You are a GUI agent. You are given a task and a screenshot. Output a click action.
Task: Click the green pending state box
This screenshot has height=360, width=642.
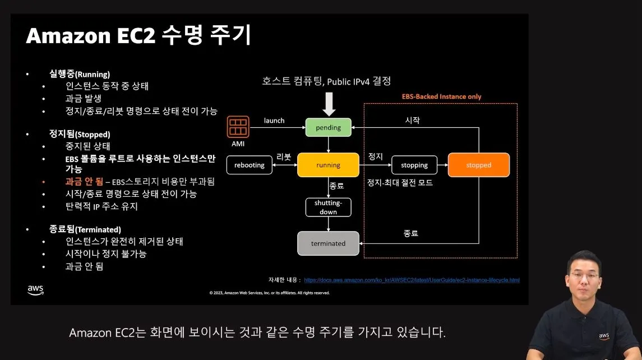click(328, 127)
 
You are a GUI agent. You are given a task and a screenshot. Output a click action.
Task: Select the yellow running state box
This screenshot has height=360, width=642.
click(328, 165)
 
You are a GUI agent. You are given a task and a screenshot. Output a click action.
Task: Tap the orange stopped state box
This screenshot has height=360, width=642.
click(478, 165)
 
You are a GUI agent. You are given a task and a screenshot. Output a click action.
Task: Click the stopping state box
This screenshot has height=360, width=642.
click(414, 165)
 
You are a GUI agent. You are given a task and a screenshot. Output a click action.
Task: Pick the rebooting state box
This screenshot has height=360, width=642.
click(249, 165)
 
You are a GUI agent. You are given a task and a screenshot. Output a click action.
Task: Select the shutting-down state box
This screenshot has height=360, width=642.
click(328, 207)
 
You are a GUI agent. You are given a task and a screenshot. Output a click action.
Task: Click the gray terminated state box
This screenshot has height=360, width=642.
click(328, 243)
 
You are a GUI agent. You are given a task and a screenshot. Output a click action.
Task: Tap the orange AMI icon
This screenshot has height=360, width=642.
click(238, 126)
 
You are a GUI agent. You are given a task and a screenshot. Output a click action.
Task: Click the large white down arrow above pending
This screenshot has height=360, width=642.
click(329, 104)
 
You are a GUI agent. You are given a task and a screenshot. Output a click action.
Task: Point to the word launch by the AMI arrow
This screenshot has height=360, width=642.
click(274, 121)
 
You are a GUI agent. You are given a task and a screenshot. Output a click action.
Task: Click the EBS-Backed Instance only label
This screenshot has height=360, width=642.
click(441, 96)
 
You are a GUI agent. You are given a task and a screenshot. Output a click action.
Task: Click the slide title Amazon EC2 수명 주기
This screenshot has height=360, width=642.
click(138, 36)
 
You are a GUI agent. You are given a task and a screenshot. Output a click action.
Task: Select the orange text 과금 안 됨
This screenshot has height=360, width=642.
click(84, 182)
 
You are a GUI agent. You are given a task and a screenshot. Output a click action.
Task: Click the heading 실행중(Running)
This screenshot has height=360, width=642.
click(79, 74)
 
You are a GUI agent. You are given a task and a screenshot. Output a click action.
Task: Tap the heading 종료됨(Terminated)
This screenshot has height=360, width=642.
click(85, 229)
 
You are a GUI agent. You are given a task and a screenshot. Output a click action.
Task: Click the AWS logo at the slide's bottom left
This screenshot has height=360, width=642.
click(35, 289)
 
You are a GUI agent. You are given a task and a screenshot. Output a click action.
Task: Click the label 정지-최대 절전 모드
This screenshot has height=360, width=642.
click(400, 183)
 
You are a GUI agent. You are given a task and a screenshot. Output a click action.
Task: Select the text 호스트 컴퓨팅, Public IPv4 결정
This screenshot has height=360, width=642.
click(335, 81)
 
